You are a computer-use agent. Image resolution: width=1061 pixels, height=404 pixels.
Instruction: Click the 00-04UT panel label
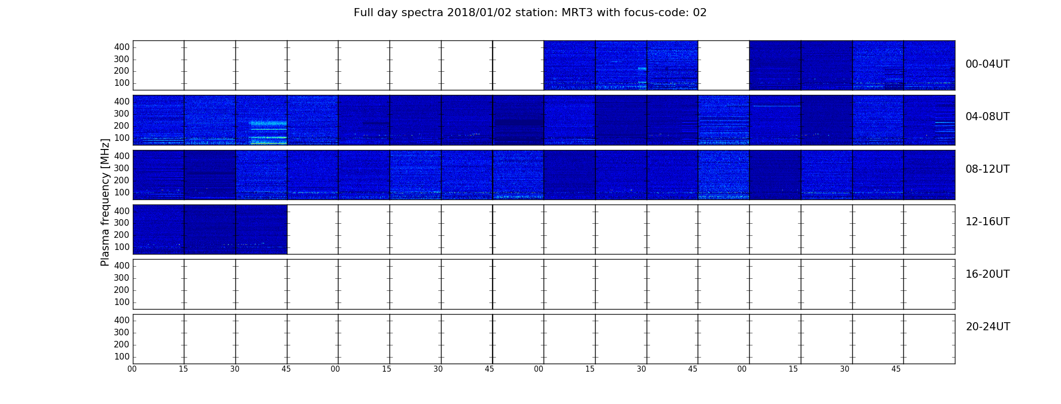coord(988,64)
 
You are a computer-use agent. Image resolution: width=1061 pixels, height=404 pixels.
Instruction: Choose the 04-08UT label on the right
coord(988,117)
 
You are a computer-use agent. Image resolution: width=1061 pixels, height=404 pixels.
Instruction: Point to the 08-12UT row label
coord(988,169)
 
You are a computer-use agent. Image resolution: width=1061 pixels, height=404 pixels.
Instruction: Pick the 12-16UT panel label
coord(988,222)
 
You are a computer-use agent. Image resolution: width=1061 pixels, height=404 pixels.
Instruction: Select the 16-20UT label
coord(988,274)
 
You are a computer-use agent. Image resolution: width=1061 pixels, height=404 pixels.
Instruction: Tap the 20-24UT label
coord(988,327)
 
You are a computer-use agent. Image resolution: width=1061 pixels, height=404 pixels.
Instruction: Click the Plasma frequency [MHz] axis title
coord(105,202)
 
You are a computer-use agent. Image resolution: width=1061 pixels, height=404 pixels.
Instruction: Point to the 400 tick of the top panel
coord(122,47)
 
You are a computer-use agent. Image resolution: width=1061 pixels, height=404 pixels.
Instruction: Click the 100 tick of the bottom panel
coord(122,357)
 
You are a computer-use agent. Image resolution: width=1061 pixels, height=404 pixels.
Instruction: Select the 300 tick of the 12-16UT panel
coord(122,223)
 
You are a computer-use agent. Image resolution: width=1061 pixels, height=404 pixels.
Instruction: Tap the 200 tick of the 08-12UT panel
coord(122,180)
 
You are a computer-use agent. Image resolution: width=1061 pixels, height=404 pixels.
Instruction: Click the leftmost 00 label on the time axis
coord(132,369)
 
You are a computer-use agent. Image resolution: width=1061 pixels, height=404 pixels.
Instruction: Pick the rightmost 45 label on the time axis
coord(896,369)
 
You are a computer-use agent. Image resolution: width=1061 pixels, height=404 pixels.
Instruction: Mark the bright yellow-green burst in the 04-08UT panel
coord(269,143)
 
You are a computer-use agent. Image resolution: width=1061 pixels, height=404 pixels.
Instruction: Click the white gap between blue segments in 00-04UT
coord(724,65)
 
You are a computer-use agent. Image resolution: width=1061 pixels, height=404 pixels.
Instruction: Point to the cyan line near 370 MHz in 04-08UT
coord(777,106)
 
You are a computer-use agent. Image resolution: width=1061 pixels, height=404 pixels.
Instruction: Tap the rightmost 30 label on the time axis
coord(845,369)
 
